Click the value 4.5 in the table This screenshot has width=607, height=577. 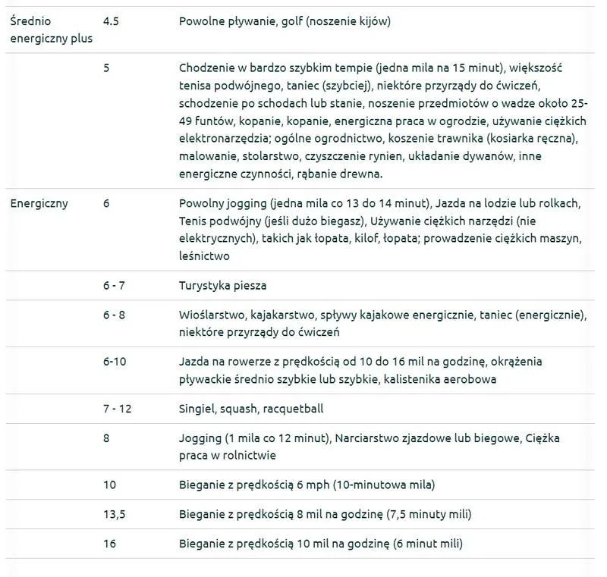coord(111,21)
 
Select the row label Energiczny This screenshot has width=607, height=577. coord(39,203)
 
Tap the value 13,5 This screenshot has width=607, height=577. coord(114,514)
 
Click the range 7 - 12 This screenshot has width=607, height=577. coord(117,409)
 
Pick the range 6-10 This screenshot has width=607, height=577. coord(115,361)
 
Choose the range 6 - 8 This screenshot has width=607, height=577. coord(115,314)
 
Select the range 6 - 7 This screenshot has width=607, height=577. coord(115,286)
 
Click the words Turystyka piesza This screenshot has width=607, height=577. coord(222,286)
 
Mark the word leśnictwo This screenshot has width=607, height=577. coord(204,256)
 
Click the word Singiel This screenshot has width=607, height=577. coord(197,409)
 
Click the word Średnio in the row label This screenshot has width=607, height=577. coord(33,21)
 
